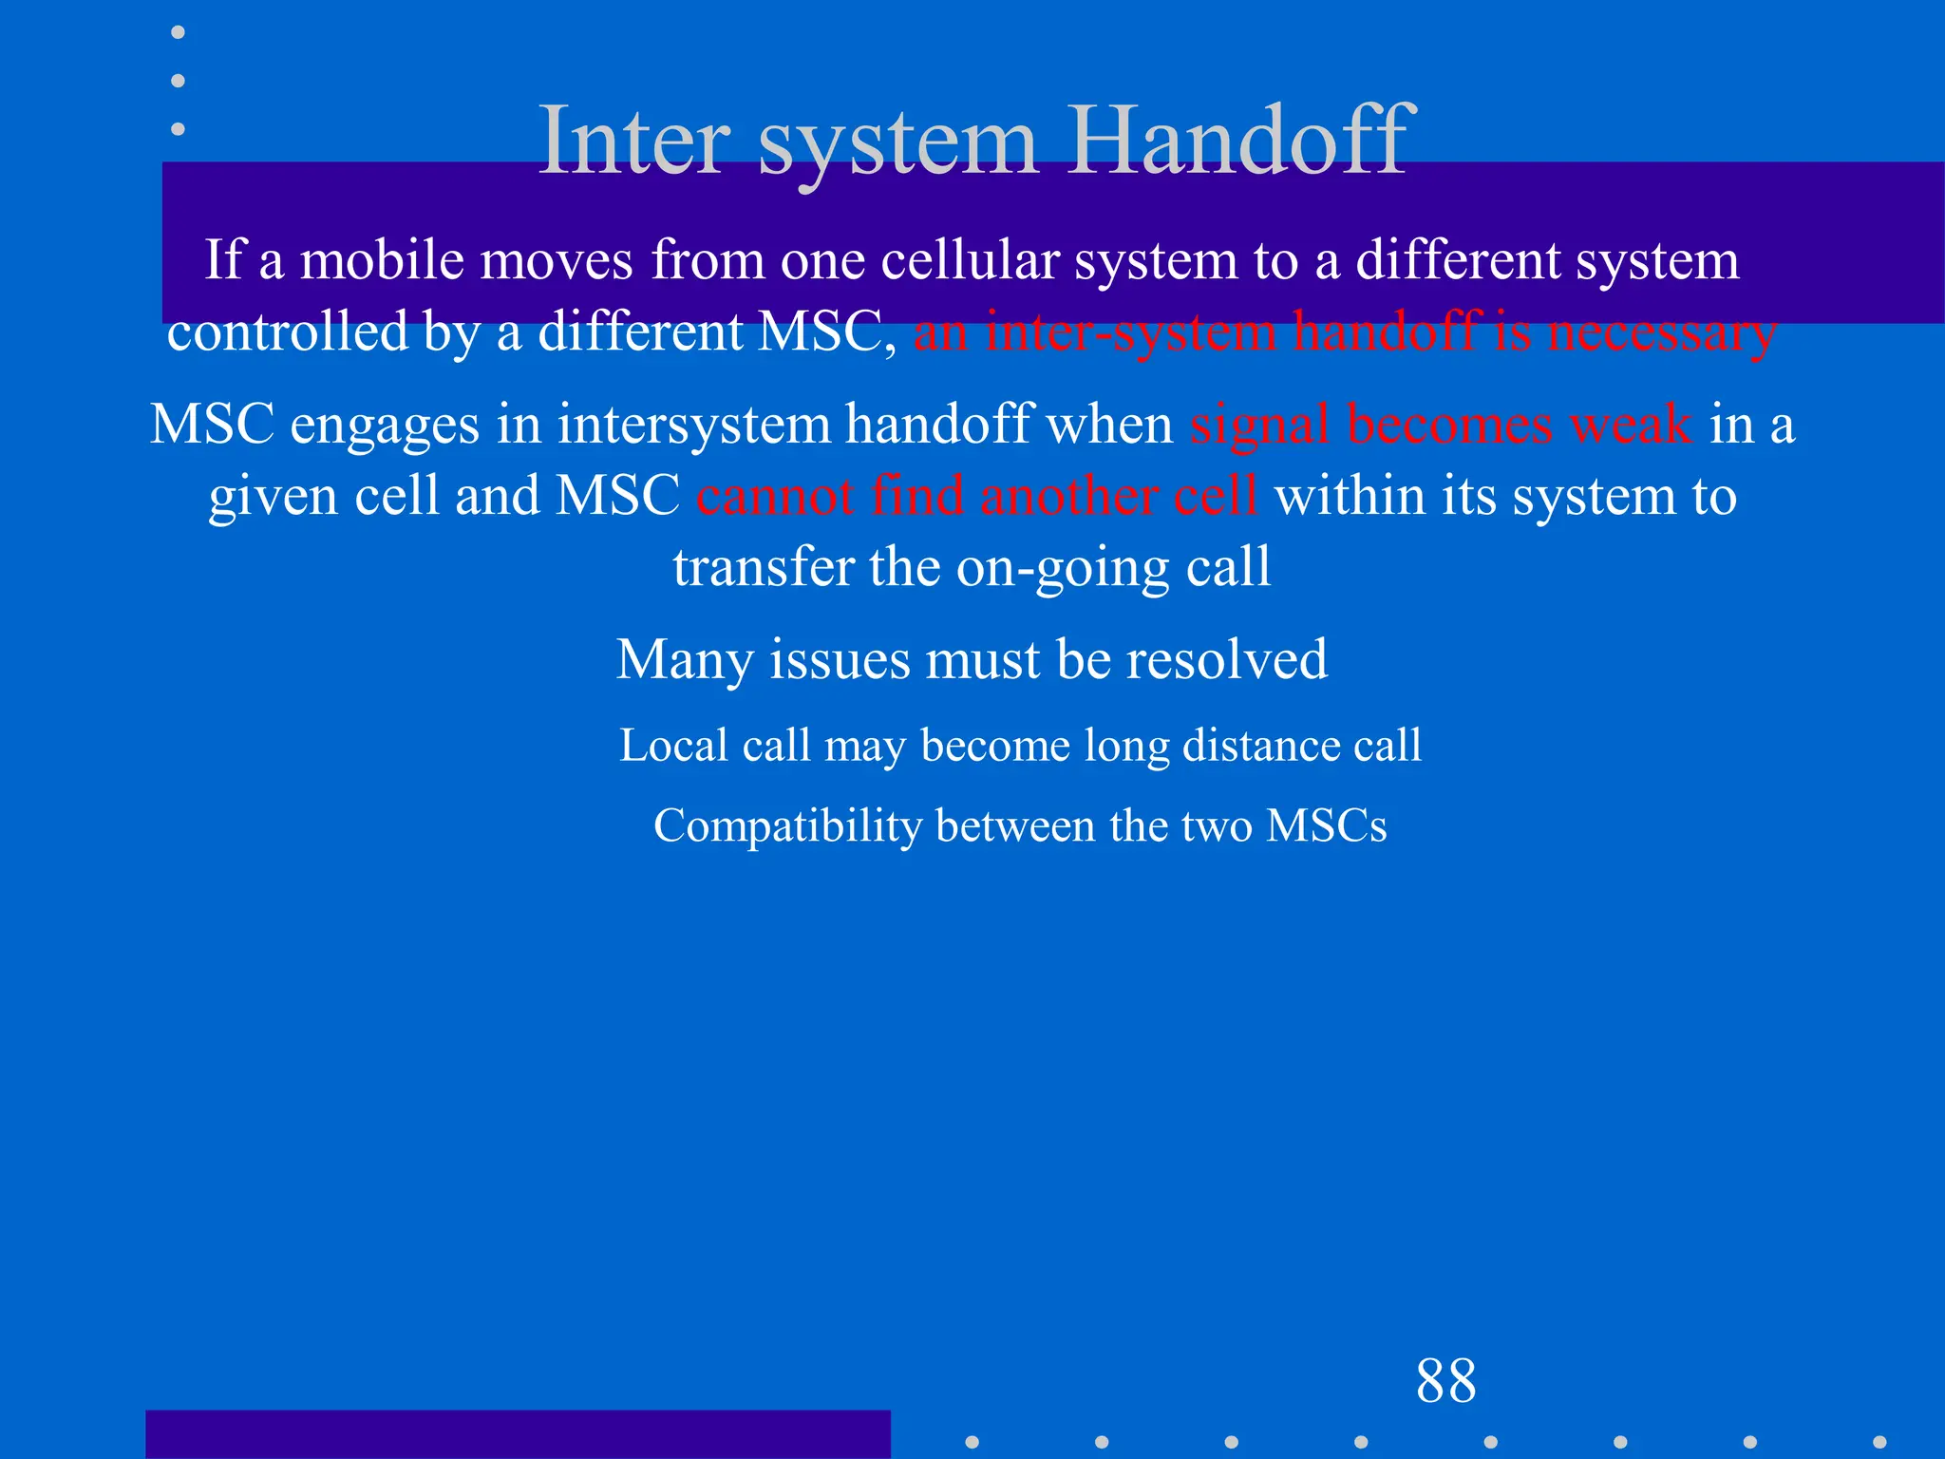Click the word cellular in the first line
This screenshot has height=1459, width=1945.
click(x=970, y=260)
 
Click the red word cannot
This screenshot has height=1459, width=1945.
click(x=774, y=496)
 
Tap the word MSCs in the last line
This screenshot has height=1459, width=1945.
click(x=1326, y=825)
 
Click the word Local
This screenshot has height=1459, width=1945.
click(x=673, y=745)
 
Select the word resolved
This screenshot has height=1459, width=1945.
click(x=1226, y=659)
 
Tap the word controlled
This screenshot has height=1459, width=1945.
click(x=288, y=332)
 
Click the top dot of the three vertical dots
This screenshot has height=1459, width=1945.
click(x=178, y=32)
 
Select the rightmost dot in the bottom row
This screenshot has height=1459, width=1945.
click(x=1879, y=1442)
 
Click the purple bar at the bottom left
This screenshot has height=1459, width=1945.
click(x=518, y=1434)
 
